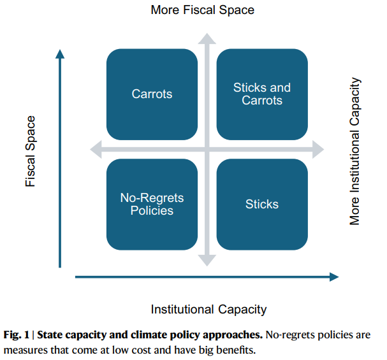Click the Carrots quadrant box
pos(152,94)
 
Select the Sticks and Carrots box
pos(262,94)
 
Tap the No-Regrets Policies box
pos(152,205)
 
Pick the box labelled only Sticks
pos(262,205)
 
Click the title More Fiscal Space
pos(202,10)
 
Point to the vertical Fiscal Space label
pos(31,151)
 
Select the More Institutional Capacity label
pos(355,151)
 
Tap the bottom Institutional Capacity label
pos(209,310)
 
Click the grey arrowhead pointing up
pos(207,39)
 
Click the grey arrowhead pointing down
pos(207,261)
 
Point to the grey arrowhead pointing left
pos(96,150)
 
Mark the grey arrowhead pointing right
pos(318,150)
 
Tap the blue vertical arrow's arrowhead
pos(60,54)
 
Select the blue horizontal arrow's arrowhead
pos(334,277)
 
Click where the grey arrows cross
pos(207,150)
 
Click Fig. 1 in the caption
pos(17,335)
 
